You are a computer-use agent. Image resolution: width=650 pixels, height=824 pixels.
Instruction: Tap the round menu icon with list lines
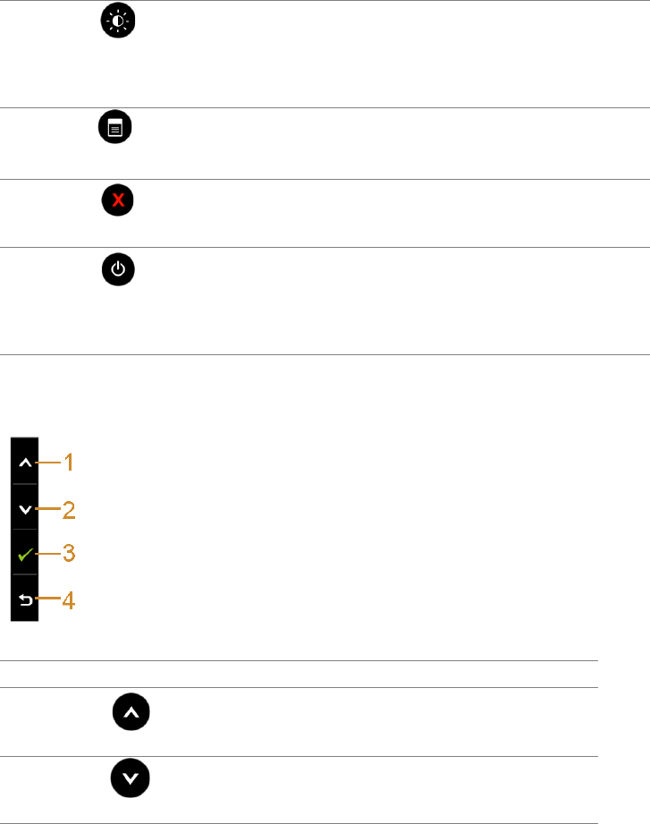pos(114,130)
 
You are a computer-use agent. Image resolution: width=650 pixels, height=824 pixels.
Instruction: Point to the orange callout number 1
pos(68,463)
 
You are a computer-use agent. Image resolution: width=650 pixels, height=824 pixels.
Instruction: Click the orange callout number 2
pos(68,511)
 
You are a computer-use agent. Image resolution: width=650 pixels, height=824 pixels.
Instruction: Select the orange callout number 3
pos(68,555)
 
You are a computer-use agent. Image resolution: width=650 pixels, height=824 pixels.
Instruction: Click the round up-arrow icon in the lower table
pos(131,713)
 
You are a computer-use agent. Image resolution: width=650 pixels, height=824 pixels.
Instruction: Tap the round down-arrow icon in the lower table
pos(131,781)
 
